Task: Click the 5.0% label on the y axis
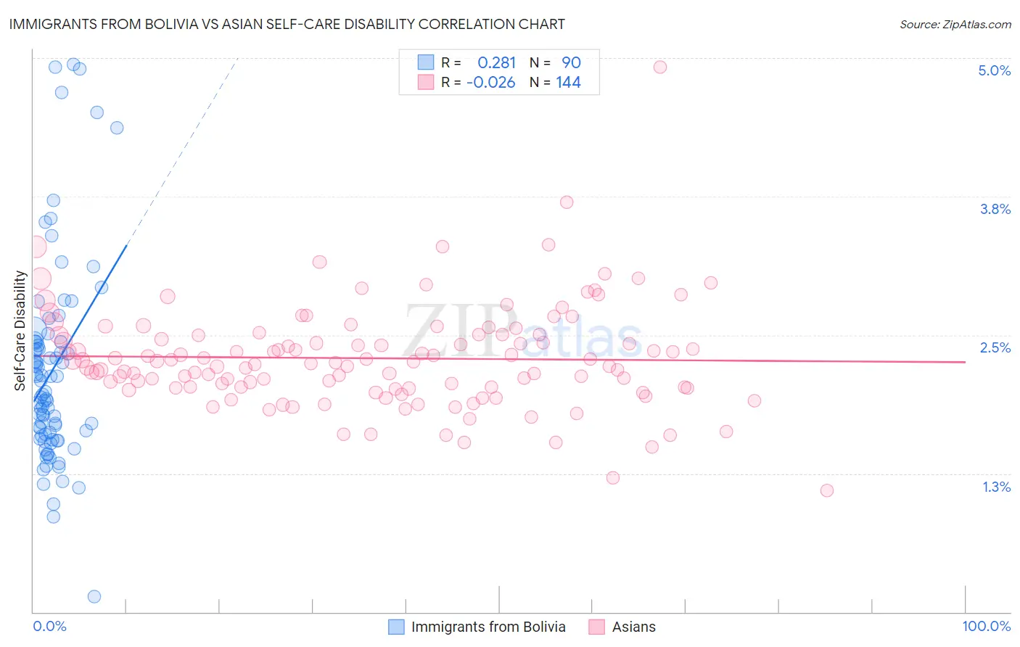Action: pyautogui.click(x=994, y=70)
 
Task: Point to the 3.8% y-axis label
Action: pyautogui.click(x=995, y=209)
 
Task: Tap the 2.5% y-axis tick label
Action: pyautogui.click(x=995, y=347)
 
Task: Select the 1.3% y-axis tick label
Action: pyautogui.click(x=996, y=487)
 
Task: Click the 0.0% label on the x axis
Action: pyautogui.click(x=49, y=626)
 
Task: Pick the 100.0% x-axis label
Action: pyautogui.click(x=986, y=626)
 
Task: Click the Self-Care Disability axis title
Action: pyautogui.click(x=20, y=331)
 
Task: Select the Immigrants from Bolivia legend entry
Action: pyautogui.click(x=488, y=627)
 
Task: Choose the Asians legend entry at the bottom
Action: pyautogui.click(x=633, y=627)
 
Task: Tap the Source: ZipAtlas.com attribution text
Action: pyautogui.click(x=955, y=24)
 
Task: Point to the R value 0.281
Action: pyautogui.click(x=496, y=62)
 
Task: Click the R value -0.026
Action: pyautogui.click(x=491, y=82)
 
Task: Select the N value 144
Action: pyautogui.click(x=568, y=82)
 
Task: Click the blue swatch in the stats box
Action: pyautogui.click(x=425, y=62)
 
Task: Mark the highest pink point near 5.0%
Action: pyautogui.click(x=660, y=67)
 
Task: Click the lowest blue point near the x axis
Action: pyautogui.click(x=94, y=596)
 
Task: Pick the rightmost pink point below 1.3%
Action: pyautogui.click(x=826, y=490)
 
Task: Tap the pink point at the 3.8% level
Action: pyautogui.click(x=567, y=202)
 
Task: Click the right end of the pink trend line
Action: pyautogui.click(x=965, y=361)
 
